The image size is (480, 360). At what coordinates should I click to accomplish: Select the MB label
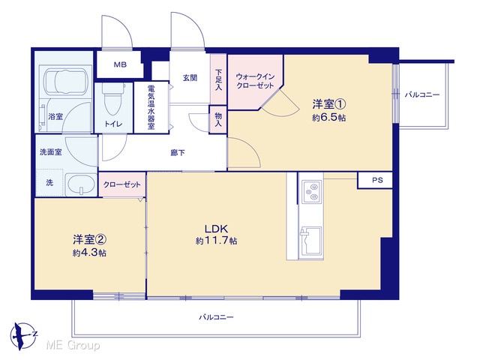point(120,64)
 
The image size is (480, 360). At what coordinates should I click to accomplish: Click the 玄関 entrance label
point(190,78)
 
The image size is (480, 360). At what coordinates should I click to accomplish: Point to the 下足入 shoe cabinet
point(218,79)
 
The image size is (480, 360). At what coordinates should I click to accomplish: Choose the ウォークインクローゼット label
point(255,81)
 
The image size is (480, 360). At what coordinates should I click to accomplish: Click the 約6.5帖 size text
point(328,118)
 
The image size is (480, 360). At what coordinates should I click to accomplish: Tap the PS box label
point(377,180)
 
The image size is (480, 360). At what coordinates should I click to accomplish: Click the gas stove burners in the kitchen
point(312,192)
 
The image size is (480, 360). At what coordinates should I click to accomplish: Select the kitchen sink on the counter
point(311,241)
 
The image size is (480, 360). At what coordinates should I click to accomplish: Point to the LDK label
point(217,229)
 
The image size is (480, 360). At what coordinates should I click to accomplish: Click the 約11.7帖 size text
point(217,241)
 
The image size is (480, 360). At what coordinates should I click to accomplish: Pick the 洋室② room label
point(89,240)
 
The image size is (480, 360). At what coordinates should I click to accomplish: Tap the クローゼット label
point(121,184)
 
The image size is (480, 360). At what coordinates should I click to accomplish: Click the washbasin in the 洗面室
point(80,184)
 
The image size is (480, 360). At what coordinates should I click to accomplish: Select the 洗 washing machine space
point(49,183)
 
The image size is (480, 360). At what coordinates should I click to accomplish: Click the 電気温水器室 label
point(151,106)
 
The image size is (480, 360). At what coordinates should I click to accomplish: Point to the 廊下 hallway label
point(178,152)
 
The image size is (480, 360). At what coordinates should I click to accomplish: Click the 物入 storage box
point(218,119)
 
